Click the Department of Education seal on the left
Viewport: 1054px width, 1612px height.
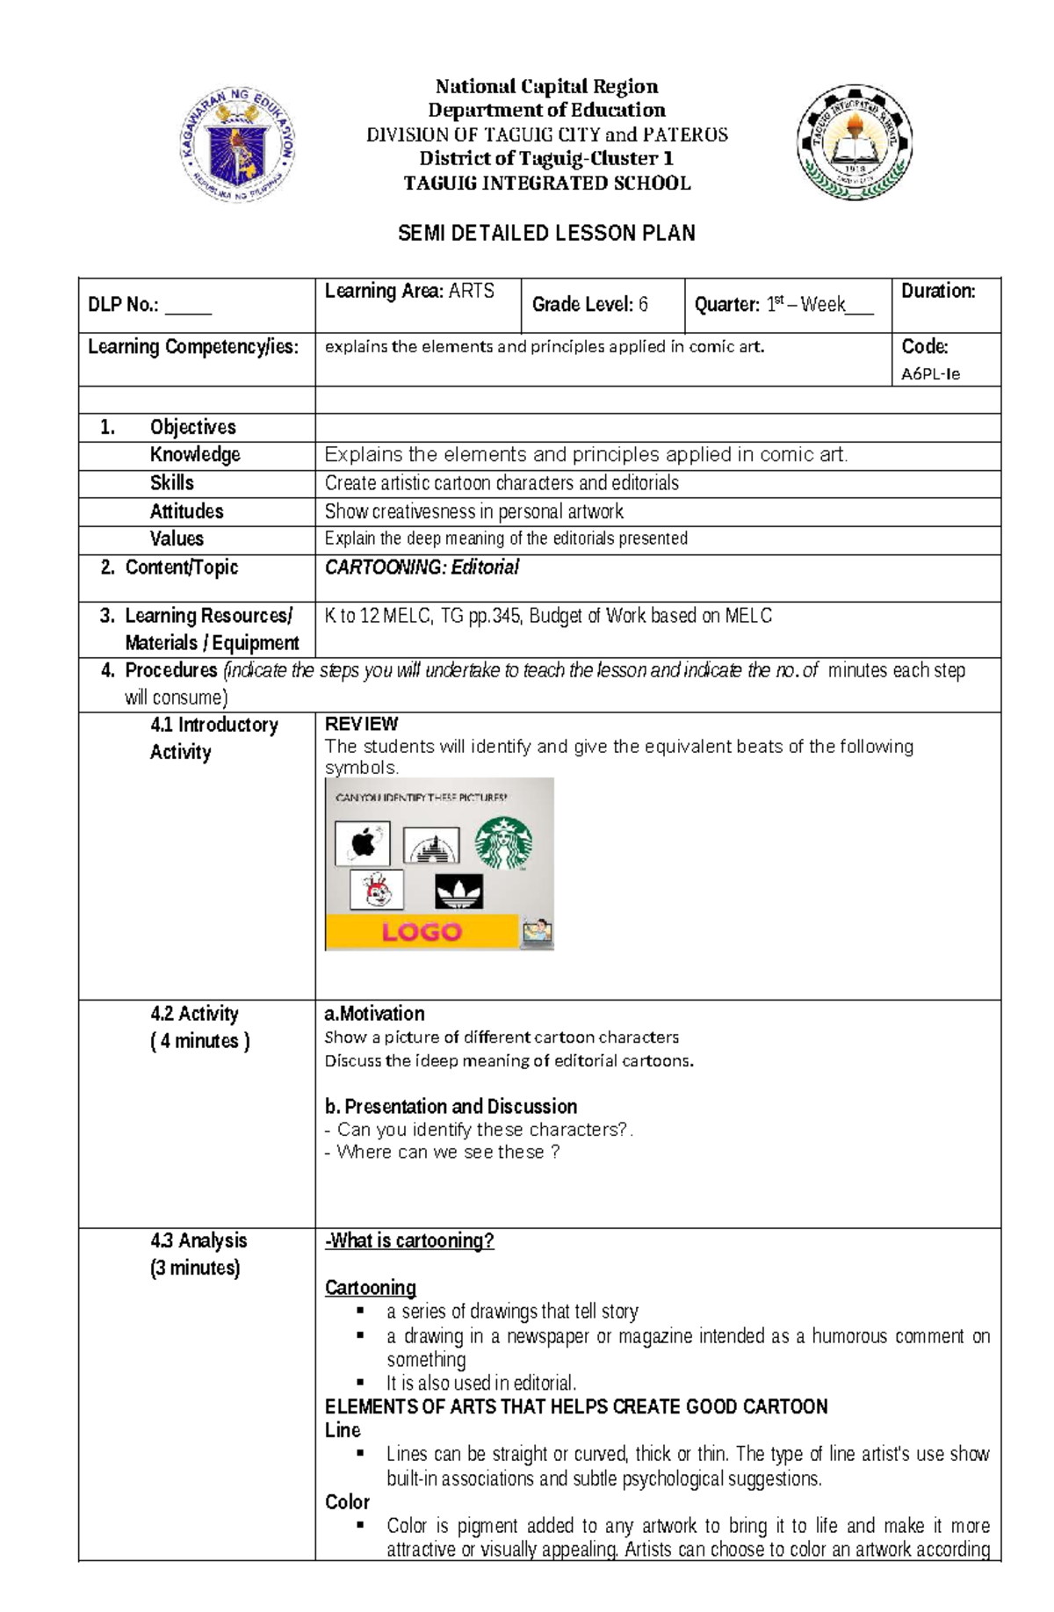coord(238,145)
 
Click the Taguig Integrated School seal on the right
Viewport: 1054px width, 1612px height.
coord(854,143)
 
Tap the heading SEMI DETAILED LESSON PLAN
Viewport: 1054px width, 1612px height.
coord(546,233)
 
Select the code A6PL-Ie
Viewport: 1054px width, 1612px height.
coord(930,373)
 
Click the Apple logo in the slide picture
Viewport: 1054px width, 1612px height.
coord(363,843)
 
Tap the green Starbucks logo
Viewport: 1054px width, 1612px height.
coord(503,843)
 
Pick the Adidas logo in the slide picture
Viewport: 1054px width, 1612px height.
coord(458,893)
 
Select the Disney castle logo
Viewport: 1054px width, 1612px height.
coord(430,847)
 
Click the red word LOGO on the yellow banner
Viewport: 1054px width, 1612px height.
coord(422,931)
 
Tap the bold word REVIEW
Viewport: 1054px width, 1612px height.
coord(361,724)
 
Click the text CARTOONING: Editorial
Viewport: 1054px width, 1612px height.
coord(422,567)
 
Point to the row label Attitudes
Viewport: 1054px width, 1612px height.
coord(186,511)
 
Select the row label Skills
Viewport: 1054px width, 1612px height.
coord(171,483)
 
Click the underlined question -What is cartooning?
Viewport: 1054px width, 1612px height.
coord(409,1240)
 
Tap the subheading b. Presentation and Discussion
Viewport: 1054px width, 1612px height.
coord(451,1106)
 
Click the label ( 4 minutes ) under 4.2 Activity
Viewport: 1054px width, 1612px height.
coord(200,1041)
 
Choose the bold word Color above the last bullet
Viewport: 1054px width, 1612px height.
coord(347,1501)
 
